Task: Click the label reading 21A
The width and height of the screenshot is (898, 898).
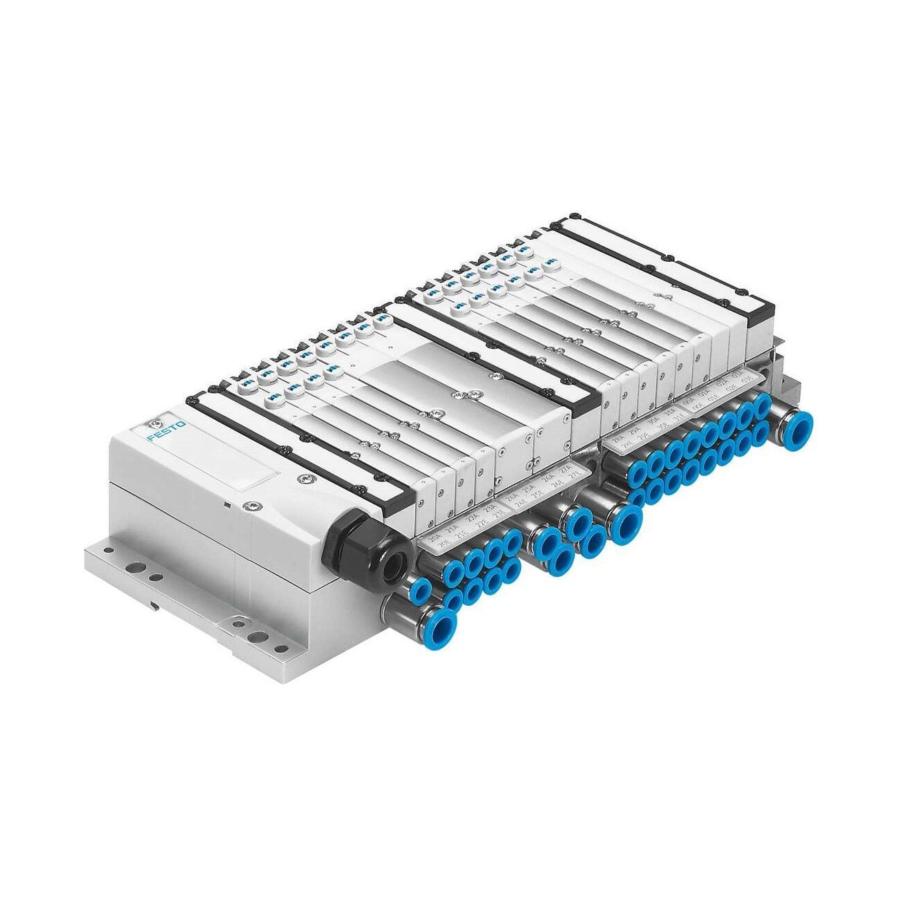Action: [454, 530]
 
